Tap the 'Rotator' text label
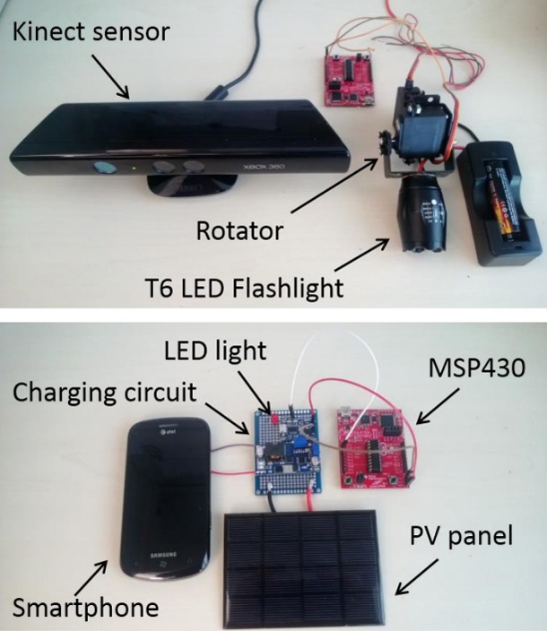239,230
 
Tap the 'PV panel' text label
464,538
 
